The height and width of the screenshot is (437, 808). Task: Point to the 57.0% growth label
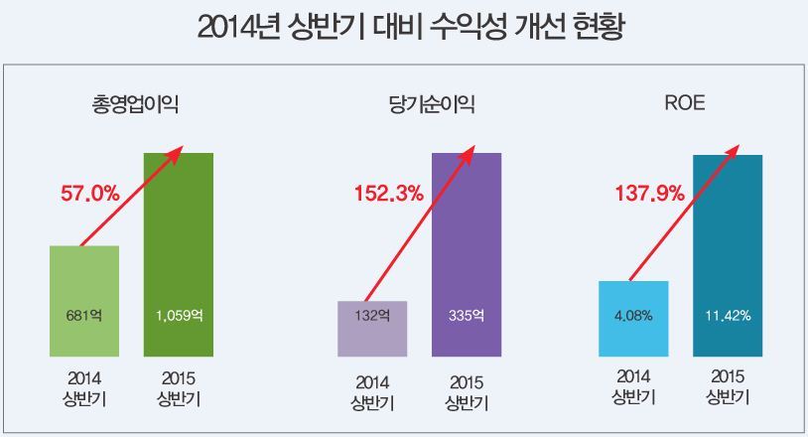[90, 194]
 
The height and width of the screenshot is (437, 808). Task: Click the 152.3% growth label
[389, 194]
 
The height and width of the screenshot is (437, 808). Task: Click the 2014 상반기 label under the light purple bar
[371, 391]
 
